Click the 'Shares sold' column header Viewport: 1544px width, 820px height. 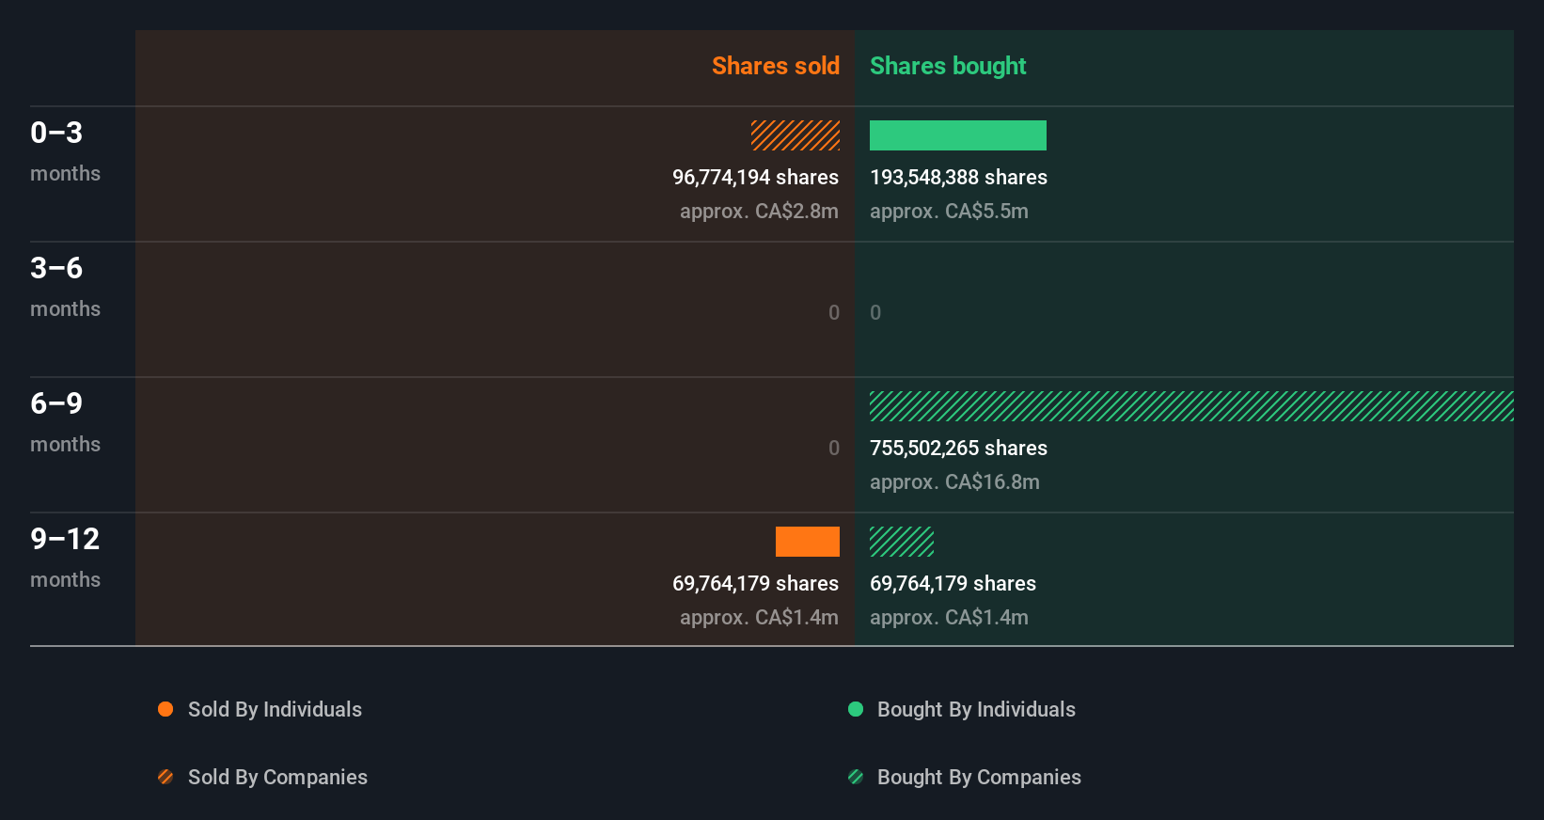tap(775, 66)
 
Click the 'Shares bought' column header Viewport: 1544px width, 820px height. tap(947, 66)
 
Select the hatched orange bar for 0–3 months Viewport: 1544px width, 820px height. tap(795, 135)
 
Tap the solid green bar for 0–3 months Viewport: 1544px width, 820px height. tap(957, 135)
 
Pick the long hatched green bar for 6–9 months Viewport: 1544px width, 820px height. tap(1190, 406)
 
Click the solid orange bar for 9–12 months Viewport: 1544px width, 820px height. tap(807, 542)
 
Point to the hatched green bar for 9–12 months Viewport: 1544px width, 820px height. tap(901, 542)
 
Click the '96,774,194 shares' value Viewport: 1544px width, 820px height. tap(755, 178)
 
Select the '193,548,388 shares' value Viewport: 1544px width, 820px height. tap(958, 178)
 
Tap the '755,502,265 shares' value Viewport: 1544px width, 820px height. tap(958, 449)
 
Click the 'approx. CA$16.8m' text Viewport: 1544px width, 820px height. tap(954, 482)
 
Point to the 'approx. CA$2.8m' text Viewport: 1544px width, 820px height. tap(759, 212)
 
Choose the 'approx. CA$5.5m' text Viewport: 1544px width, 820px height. tap(949, 212)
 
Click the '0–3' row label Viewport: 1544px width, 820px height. tap(56, 133)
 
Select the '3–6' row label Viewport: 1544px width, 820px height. tap(56, 268)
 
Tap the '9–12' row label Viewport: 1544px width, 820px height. tap(65, 539)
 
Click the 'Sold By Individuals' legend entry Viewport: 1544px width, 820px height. tap(275, 710)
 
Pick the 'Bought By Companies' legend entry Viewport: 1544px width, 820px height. tap(979, 778)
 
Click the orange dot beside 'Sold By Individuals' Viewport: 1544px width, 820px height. tap(165, 709)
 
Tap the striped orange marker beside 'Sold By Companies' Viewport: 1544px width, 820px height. tap(165, 777)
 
